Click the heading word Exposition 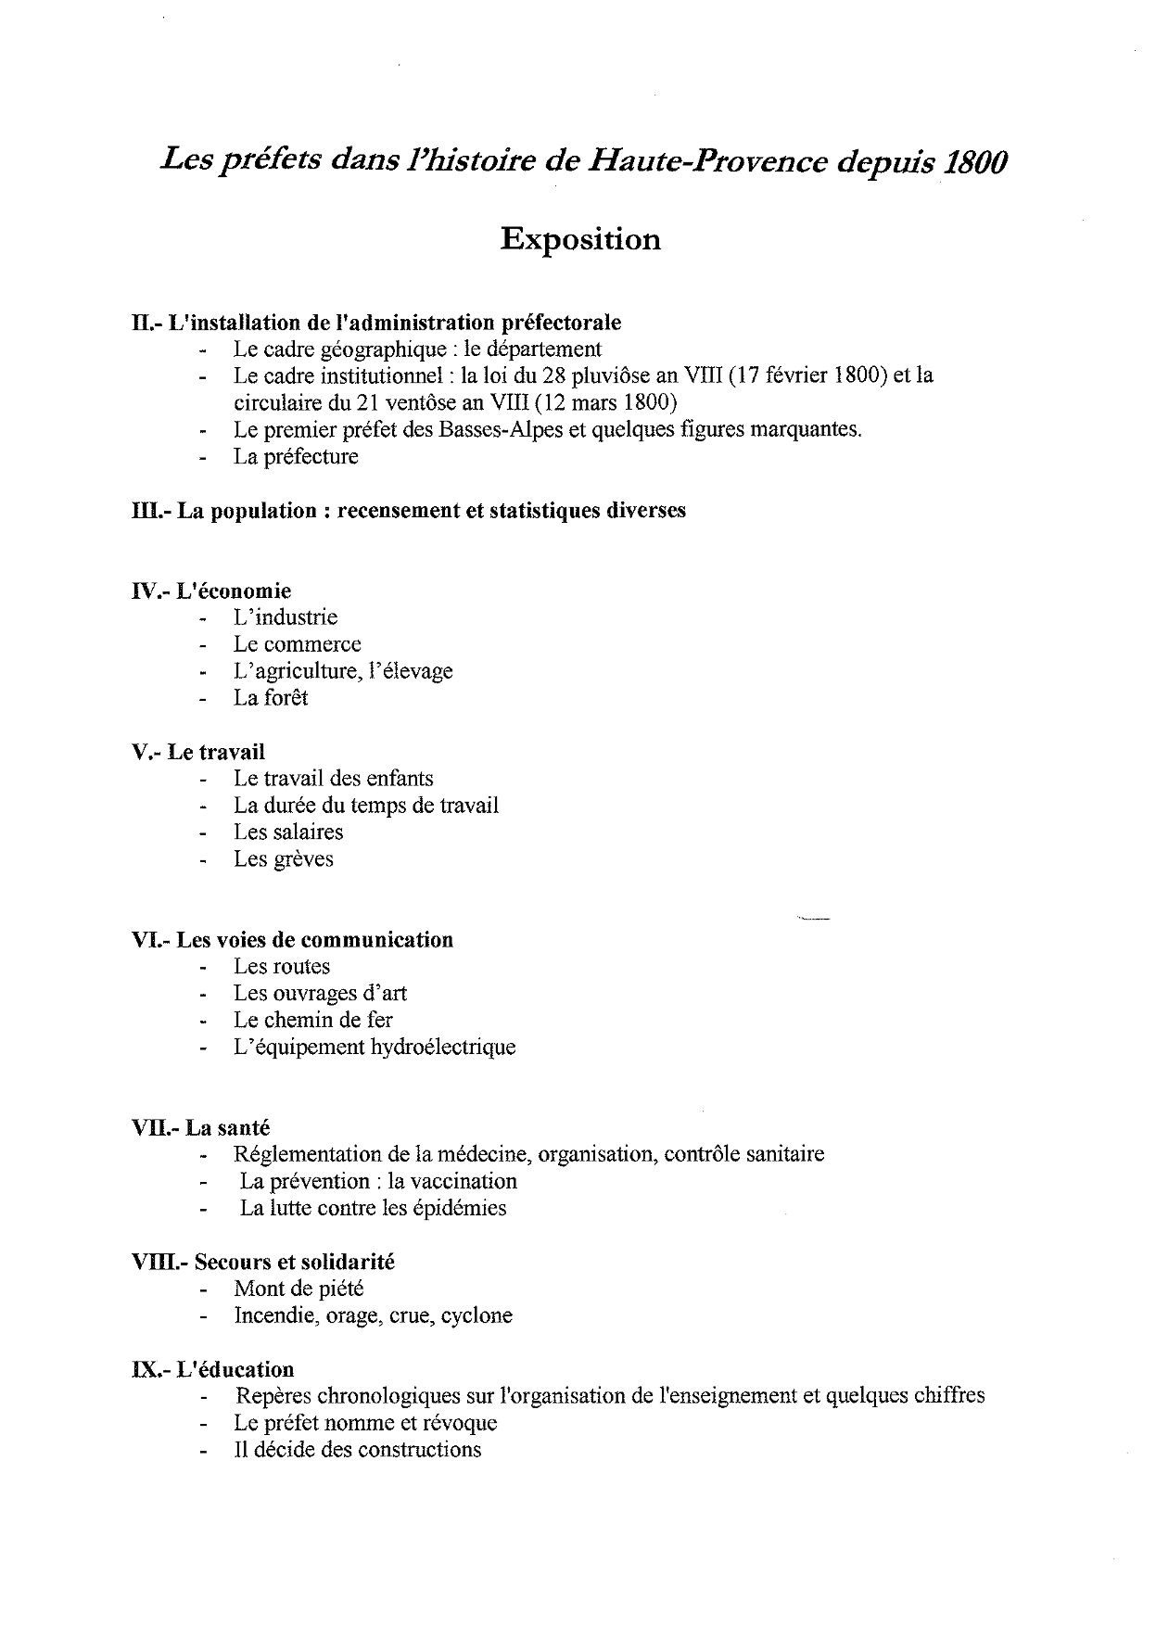(580, 240)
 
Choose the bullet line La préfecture (295, 457)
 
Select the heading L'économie (233, 591)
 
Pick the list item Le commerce (297, 644)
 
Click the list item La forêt (270, 698)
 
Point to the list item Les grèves (283, 859)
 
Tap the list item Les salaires (287, 832)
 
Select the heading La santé (227, 1128)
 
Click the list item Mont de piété (299, 1289)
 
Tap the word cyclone (476, 1315)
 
